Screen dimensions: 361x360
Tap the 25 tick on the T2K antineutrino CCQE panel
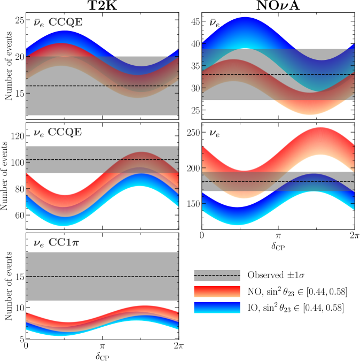click(x=19, y=20)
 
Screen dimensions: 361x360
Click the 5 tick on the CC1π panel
click(x=21, y=339)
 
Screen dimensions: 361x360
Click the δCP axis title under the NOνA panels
click(x=277, y=247)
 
